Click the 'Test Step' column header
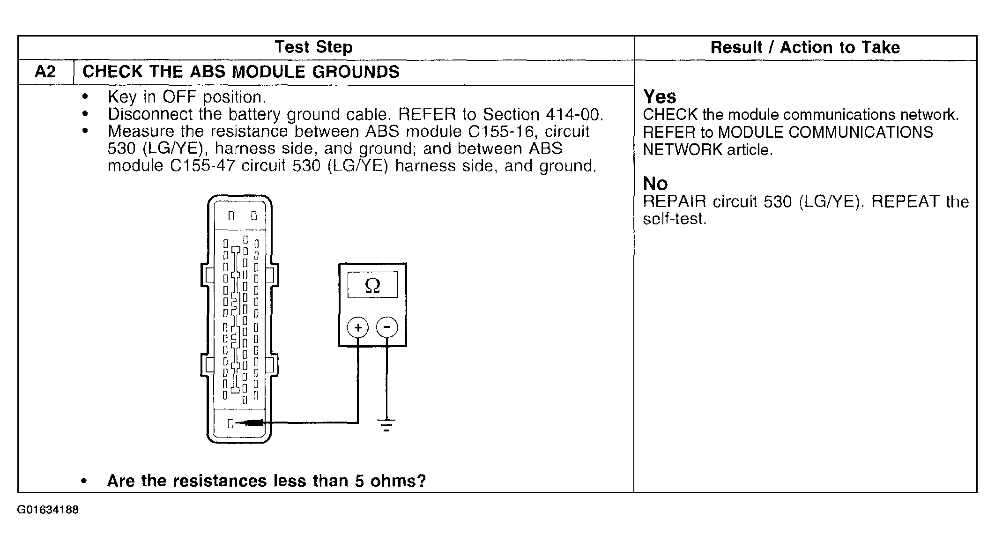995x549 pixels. coord(313,47)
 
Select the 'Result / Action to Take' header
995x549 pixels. coord(805,47)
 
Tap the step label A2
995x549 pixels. coord(45,72)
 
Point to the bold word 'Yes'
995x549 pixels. coord(660,97)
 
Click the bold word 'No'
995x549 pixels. coord(655,184)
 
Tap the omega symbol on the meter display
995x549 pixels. coord(372,285)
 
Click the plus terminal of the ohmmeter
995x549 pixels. coord(358,327)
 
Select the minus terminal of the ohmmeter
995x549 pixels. coord(386,327)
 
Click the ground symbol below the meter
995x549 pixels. coord(386,425)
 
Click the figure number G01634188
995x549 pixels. coord(48,510)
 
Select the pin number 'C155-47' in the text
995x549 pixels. coord(202,166)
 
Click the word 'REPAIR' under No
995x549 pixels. coord(674,201)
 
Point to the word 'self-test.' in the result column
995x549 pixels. coord(674,219)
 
